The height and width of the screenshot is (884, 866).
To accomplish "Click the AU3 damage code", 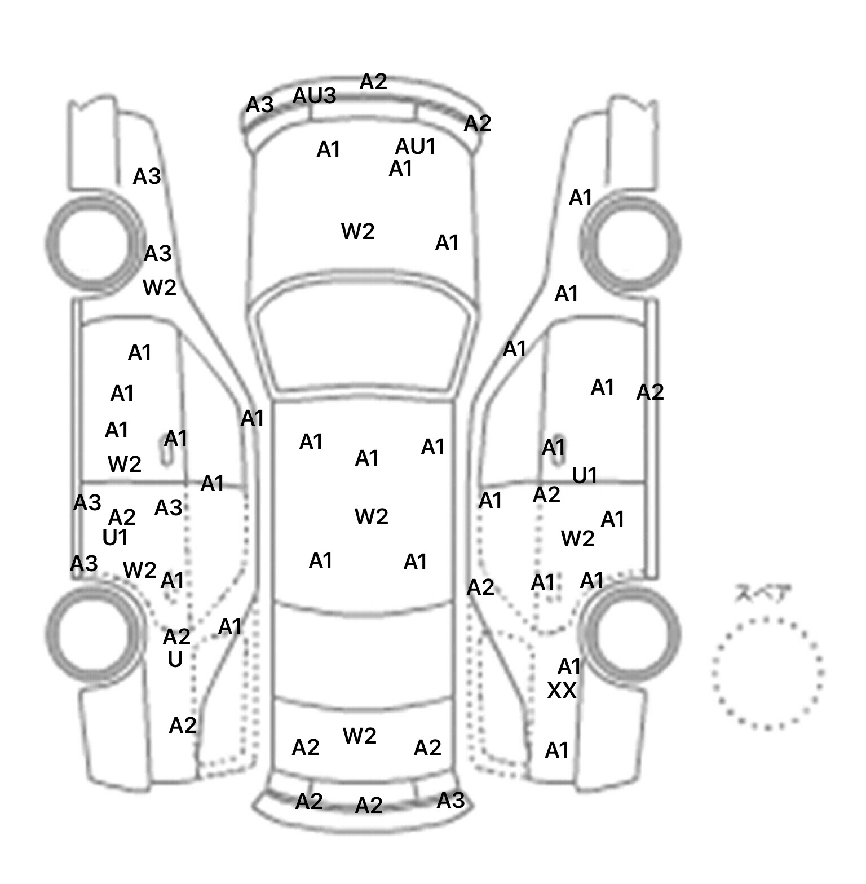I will point(314,96).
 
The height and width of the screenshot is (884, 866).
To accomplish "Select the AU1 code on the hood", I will point(416,147).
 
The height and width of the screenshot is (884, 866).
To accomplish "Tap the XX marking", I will point(562,691).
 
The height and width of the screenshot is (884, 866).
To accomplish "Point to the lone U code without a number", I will point(175,659).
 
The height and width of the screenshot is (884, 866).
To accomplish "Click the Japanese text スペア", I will point(763,594).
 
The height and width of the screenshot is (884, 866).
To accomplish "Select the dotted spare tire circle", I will point(767,673).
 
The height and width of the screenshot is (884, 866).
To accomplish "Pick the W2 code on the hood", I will point(358,231).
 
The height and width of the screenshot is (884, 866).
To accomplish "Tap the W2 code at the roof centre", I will point(372,516).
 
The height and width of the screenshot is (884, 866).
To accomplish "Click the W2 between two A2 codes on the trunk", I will point(360,736).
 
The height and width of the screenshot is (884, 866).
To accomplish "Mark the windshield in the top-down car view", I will point(364,344).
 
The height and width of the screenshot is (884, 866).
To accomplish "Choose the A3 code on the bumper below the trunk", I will point(450,800).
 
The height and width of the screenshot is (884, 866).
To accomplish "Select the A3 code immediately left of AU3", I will point(260,105).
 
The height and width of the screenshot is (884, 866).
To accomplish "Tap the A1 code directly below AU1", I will point(401,169).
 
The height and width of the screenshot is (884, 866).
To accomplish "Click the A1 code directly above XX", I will point(569,667).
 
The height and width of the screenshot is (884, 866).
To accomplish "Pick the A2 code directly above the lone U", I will point(176,637).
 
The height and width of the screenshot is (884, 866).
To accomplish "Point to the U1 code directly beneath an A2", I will point(115,538).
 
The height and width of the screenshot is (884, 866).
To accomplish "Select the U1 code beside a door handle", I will point(585,476).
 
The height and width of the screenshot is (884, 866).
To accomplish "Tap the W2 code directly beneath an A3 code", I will point(160,288).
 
